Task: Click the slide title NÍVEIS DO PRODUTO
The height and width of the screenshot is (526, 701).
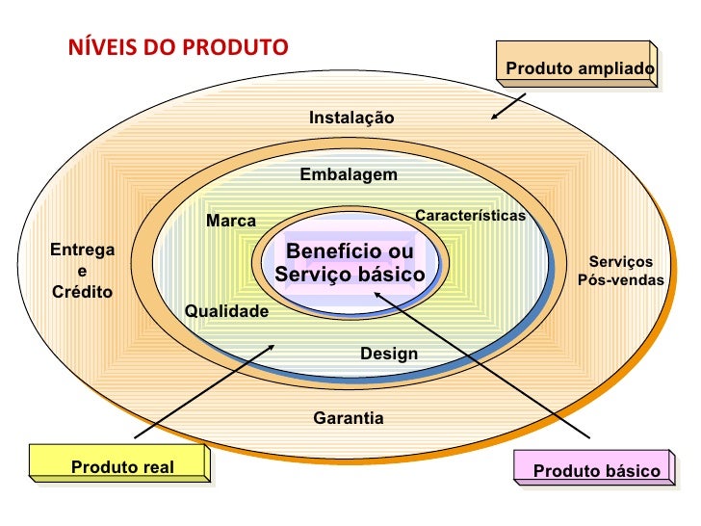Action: (177, 46)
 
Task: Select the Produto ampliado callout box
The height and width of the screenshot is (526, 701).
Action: (579, 68)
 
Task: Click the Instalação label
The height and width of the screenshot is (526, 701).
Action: (351, 118)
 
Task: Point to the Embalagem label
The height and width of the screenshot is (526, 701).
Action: (348, 174)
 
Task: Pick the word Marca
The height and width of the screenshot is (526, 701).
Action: (231, 222)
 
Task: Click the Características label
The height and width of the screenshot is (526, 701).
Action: (470, 215)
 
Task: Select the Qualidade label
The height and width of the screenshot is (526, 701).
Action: (226, 311)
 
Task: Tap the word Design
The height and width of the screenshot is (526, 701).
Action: (389, 354)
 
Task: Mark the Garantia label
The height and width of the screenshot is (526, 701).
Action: (349, 418)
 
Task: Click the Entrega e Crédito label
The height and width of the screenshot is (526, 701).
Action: (82, 271)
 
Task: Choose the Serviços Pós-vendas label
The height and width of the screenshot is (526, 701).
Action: (621, 271)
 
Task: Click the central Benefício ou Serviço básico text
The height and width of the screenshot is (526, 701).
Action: (350, 263)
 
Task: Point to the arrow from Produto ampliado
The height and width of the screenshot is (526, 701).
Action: (508, 106)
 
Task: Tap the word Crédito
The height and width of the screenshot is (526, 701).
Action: (82, 292)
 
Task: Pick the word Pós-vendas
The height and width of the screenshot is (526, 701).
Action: (621, 280)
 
